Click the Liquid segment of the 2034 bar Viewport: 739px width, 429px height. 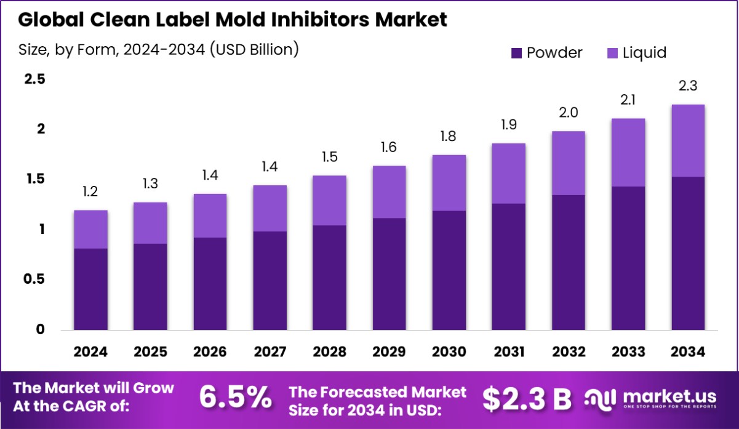pos(687,141)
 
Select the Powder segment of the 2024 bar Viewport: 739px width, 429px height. pos(90,289)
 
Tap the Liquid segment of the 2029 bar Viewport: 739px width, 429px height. pos(389,192)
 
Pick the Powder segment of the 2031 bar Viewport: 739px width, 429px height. pos(508,267)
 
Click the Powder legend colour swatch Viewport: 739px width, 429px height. pos(516,53)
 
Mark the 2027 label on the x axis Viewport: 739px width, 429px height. pos(270,351)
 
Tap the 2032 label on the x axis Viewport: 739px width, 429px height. pos(568,351)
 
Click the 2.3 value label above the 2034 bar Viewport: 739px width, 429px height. pos(687,86)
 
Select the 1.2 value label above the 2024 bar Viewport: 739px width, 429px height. pos(90,193)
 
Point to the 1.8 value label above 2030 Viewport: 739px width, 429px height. pos(449,137)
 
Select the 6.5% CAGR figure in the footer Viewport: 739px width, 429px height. pos(236,398)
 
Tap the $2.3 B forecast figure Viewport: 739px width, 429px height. pos(527,398)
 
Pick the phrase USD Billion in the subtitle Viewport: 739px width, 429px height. pos(254,49)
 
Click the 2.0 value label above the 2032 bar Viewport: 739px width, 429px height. pos(568,113)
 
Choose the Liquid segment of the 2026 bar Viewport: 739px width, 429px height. pos(210,215)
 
